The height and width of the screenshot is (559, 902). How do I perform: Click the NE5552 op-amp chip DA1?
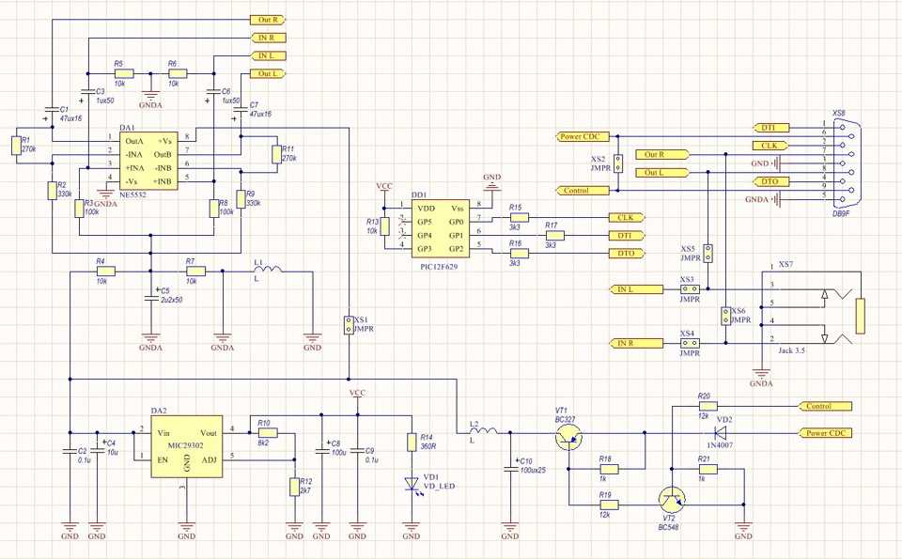tap(149, 159)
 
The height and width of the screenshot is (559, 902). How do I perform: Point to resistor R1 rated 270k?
tap(15, 145)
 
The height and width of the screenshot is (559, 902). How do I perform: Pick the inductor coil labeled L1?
tap(267, 271)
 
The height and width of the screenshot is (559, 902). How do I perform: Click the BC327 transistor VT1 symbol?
tap(568, 435)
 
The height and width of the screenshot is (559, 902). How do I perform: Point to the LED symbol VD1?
tap(411, 484)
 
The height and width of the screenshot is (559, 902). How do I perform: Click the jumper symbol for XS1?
tap(348, 325)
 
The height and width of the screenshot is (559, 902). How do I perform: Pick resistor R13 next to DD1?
tap(384, 226)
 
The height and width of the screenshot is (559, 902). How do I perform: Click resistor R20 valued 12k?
tap(705, 406)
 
